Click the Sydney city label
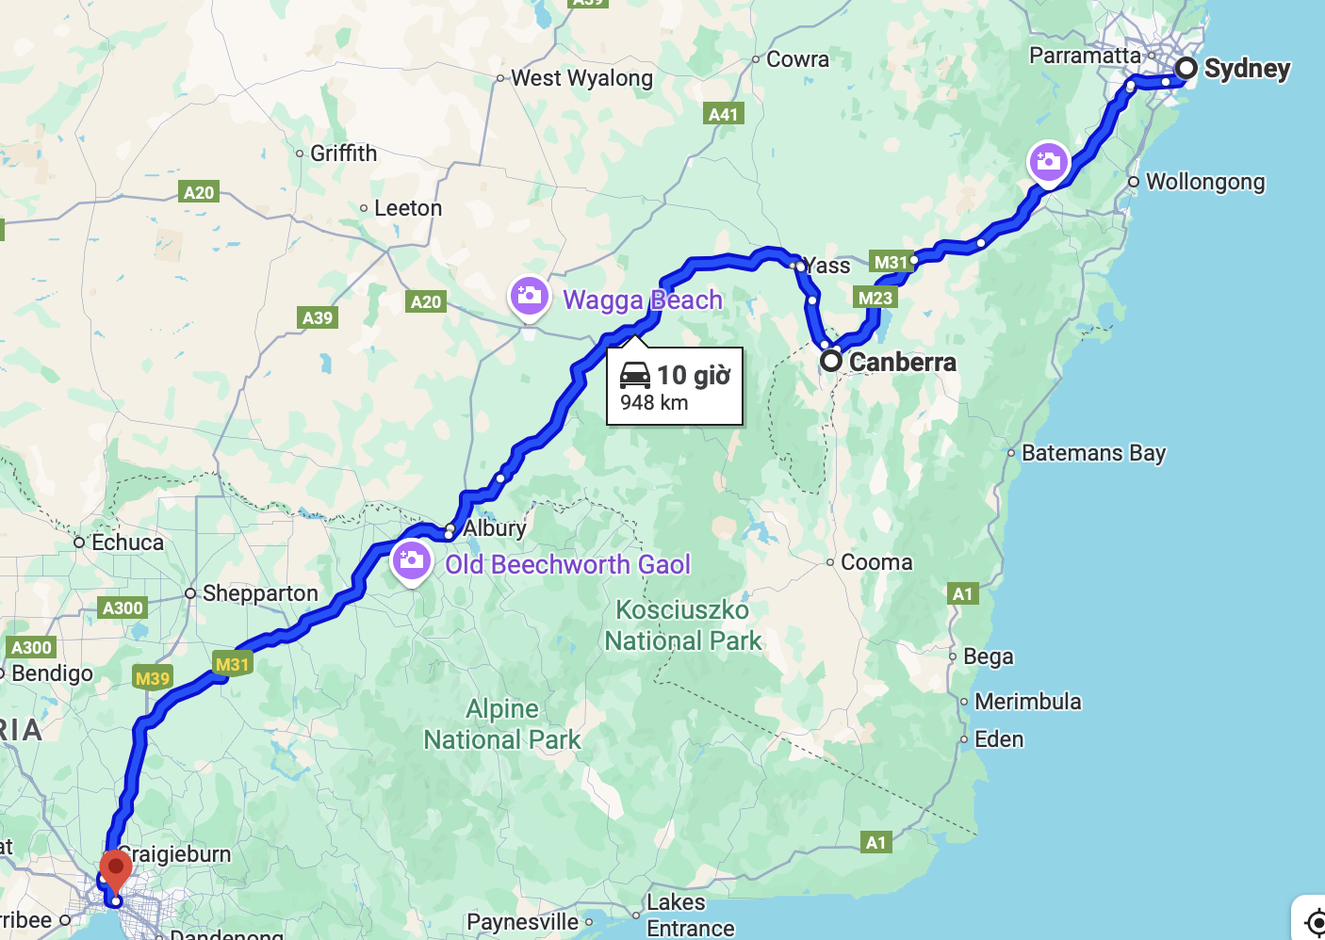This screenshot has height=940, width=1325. point(1246,69)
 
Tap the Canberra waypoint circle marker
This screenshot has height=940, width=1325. point(830,361)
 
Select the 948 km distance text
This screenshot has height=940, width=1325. point(654,403)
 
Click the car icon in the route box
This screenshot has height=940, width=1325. point(635,375)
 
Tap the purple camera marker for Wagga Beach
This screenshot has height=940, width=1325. point(530,296)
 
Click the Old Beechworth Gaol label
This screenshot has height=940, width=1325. point(567,564)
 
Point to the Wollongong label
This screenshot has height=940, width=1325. point(1204,182)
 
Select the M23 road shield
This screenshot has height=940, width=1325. point(875,299)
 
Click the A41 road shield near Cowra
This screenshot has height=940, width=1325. point(723,114)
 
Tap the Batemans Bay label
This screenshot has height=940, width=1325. point(1093,453)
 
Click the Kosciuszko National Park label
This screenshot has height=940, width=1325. point(682,625)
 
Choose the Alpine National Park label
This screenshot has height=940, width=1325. point(502,724)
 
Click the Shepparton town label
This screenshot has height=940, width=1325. point(260,593)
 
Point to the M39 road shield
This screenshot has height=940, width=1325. point(153,678)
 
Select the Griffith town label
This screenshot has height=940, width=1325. point(343,154)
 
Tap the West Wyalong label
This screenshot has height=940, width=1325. point(581,78)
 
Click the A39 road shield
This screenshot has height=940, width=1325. point(318,317)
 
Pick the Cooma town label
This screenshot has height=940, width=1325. point(875,562)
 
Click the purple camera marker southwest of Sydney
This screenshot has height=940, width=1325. point(1048,161)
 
